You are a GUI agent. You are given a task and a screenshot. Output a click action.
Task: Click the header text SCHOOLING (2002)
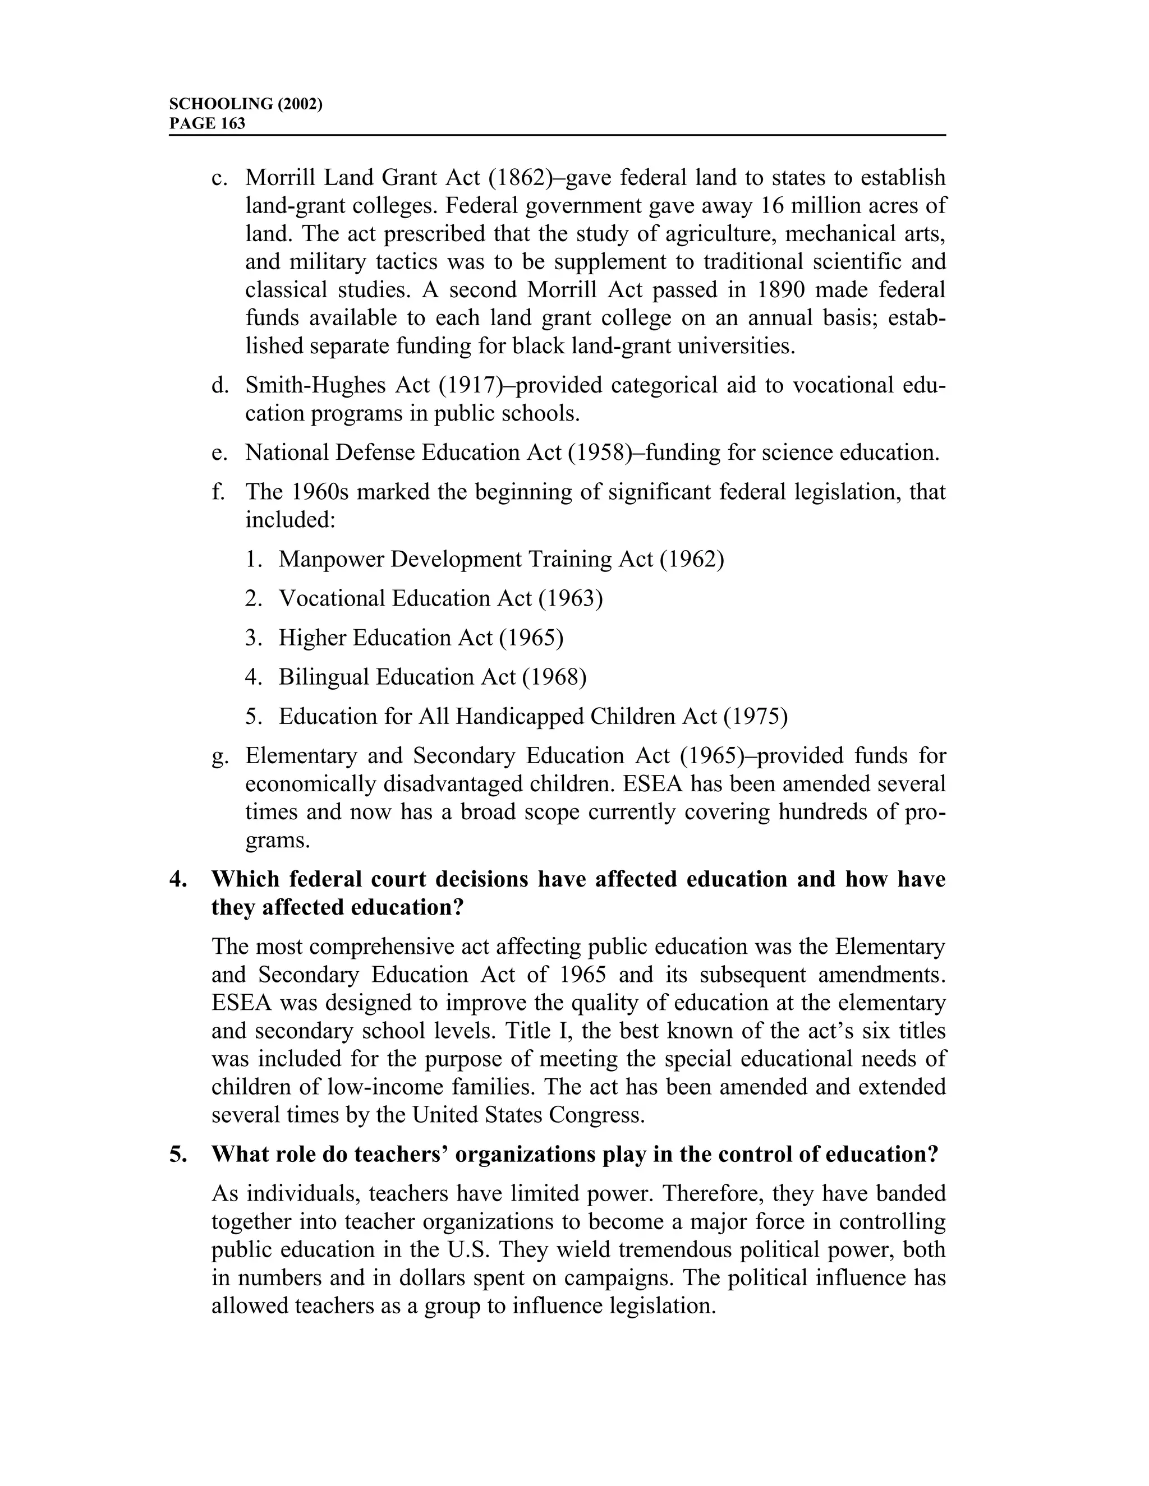point(245,104)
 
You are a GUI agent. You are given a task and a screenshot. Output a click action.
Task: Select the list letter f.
point(217,491)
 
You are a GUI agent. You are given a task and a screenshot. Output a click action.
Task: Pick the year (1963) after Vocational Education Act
point(570,599)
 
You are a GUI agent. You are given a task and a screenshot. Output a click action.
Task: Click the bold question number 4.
point(177,879)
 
